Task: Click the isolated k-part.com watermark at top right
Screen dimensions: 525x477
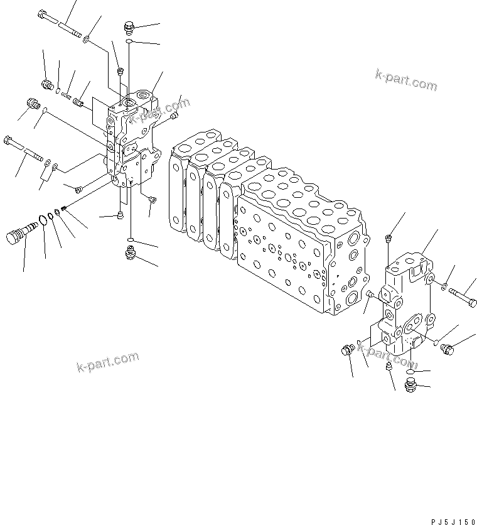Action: click(x=406, y=80)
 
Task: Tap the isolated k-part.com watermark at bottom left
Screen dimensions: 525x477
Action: click(x=107, y=362)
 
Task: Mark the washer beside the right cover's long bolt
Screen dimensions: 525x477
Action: click(x=444, y=287)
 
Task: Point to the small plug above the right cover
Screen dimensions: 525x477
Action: click(x=389, y=238)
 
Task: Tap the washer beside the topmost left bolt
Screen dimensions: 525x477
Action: click(x=85, y=39)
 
